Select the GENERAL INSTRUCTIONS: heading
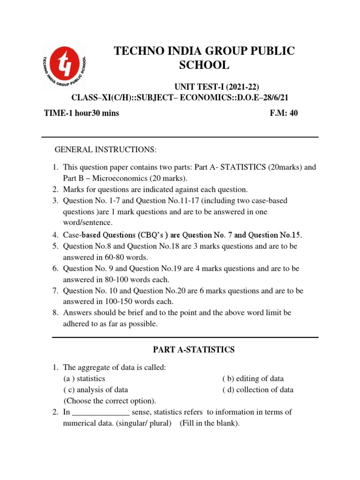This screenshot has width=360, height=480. click(105, 149)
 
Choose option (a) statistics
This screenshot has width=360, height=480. click(84, 378)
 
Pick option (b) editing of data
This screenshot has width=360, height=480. click(253, 378)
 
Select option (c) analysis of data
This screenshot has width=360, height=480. click(96, 390)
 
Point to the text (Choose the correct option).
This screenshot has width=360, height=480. click(110, 401)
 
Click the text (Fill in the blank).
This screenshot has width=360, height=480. click(210, 423)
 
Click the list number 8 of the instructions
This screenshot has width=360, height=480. click(54, 312)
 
